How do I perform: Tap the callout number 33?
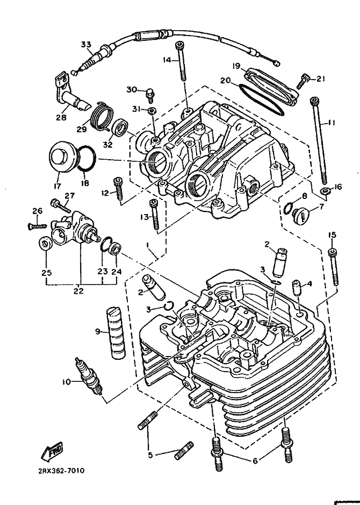[87, 45]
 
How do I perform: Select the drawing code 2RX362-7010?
[62, 470]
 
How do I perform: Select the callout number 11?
[332, 123]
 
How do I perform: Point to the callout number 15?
[332, 234]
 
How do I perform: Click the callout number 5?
[151, 455]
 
